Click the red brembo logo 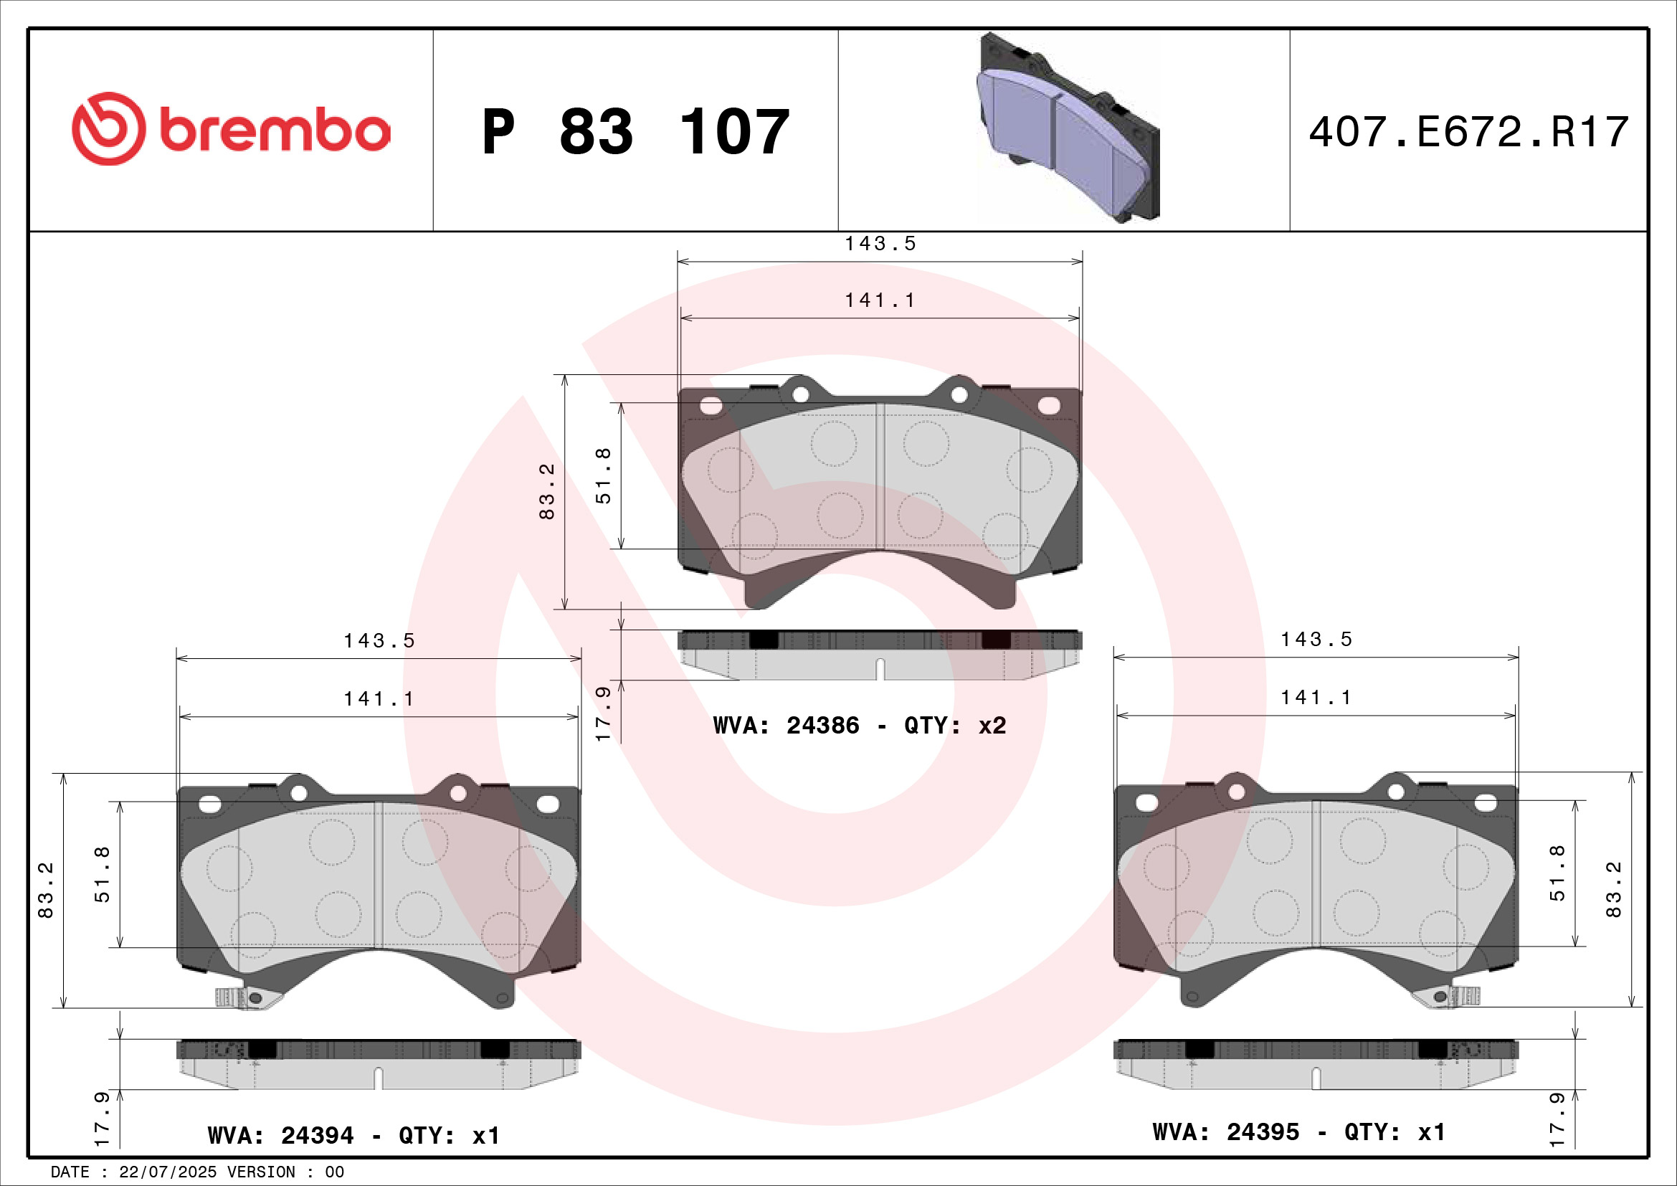(231, 129)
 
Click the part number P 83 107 (635, 132)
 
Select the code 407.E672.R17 (1468, 132)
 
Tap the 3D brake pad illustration (1067, 128)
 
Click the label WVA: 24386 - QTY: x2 (859, 725)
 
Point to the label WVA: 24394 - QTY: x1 (353, 1135)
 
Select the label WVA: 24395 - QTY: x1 (1298, 1132)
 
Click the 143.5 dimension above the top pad (880, 244)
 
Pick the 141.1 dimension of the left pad (379, 699)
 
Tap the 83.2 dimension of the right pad (1613, 889)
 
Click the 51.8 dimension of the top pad (604, 475)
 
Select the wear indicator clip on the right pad (1453, 996)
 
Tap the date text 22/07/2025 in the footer (167, 1172)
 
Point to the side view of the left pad (379, 1064)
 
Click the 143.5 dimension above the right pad (1316, 640)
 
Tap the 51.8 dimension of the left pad (103, 874)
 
